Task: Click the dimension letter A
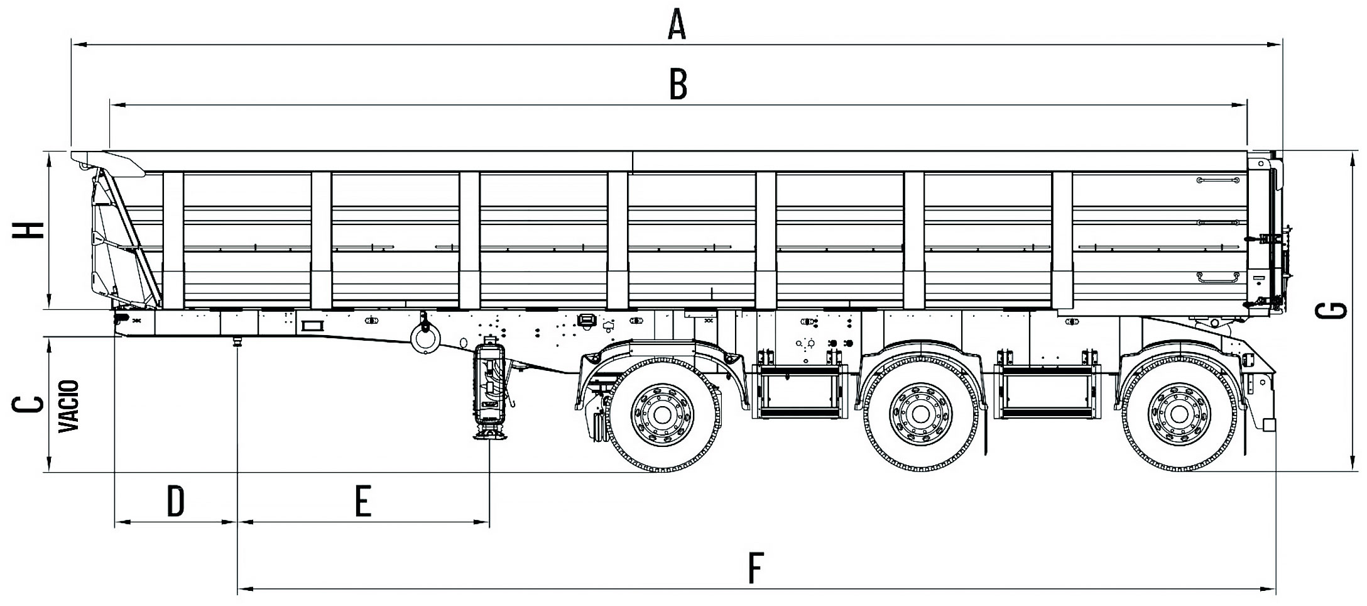pyautogui.click(x=676, y=26)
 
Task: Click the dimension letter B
pyautogui.click(x=678, y=85)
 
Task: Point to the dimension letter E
pyautogui.click(x=363, y=502)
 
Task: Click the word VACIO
pyautogui.click(x=68, y=405)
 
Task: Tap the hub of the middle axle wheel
pyautogui.click(x=920, y=414)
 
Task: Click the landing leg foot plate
pyautogui.click(x=489, y=436)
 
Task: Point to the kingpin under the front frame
pyautogui.click(x=237, y=342)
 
